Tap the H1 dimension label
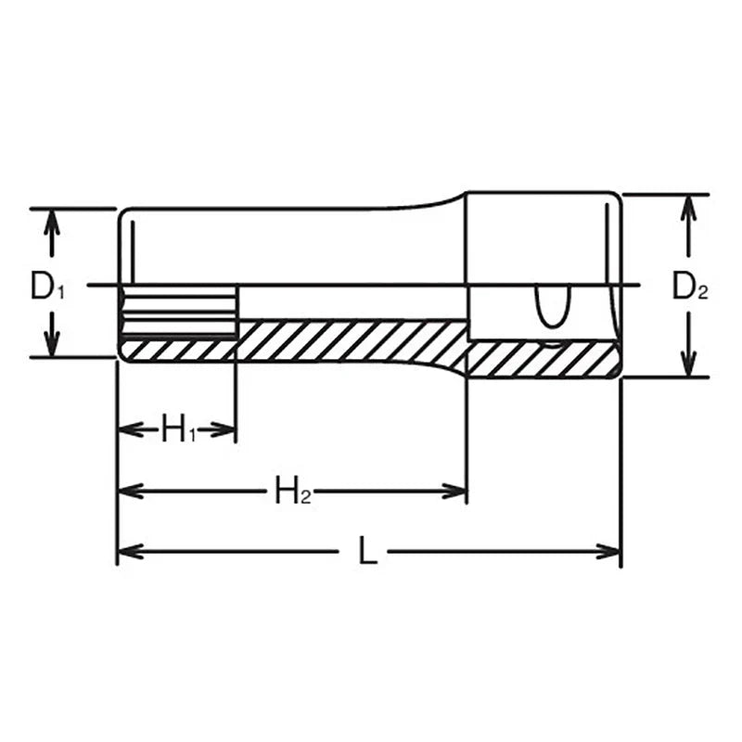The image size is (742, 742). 179,429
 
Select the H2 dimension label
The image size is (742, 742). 292,491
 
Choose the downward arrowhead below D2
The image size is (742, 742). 687,365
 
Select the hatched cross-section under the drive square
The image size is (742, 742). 543,359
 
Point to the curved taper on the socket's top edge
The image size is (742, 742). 436,201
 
